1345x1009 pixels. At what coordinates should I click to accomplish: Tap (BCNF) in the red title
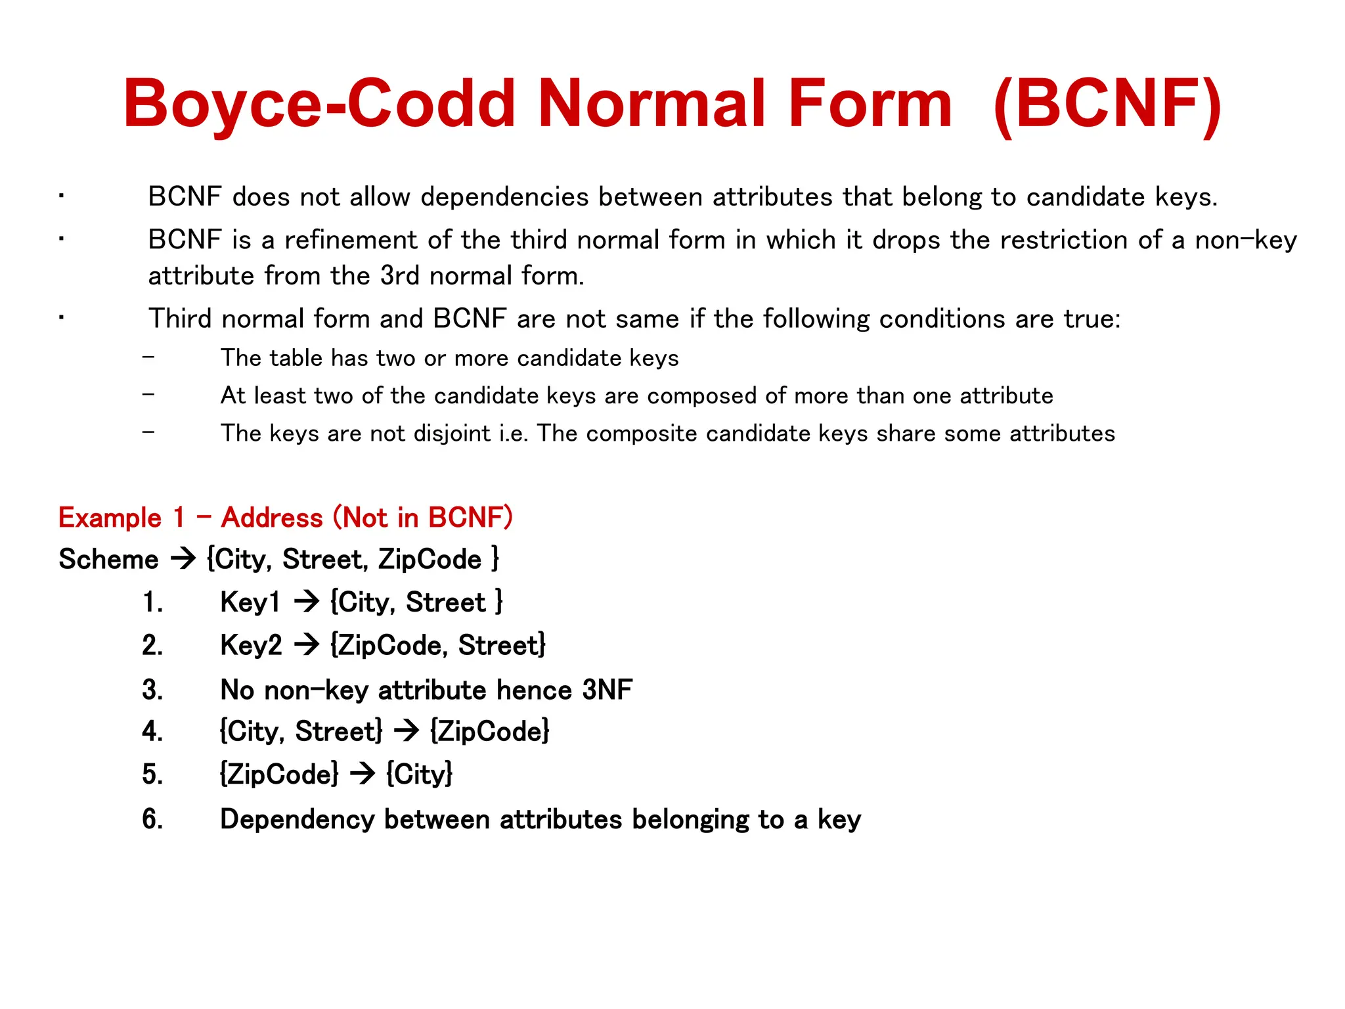click(x=1107, y=104)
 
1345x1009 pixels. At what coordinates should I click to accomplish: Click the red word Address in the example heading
click(x=272, y=518)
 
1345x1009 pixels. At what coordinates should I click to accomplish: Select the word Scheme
click(x=108, y=560)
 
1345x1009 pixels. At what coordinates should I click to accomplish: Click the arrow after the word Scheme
click(x=183, y=560)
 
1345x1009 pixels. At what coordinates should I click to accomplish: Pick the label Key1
click(x=250, y=602)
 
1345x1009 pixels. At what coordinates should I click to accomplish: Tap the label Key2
click(x=251, y=645)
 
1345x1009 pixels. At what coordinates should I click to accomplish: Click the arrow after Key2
click(x=306, y=645)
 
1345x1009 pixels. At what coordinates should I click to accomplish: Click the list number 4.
click(x=152, y=731)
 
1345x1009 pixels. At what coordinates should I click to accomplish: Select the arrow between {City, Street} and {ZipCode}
click(x=407, y=731)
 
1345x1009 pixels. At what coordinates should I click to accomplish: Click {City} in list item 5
click(x=419, y=774)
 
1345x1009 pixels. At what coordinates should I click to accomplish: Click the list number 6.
click(x=152, y=819)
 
